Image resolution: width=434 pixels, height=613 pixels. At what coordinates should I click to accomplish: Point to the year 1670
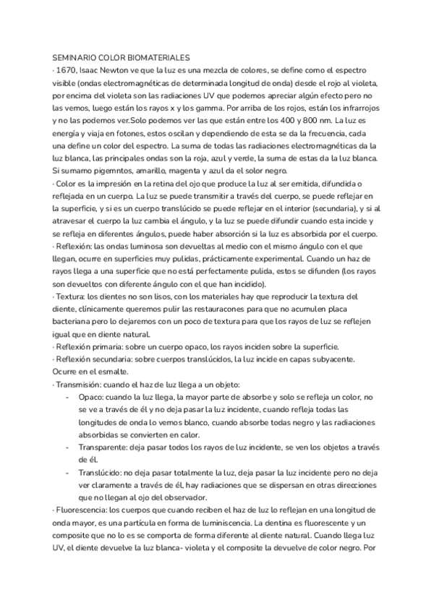67,71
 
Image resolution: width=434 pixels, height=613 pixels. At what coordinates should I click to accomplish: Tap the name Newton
119,71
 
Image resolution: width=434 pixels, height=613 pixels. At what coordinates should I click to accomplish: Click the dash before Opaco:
67,398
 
